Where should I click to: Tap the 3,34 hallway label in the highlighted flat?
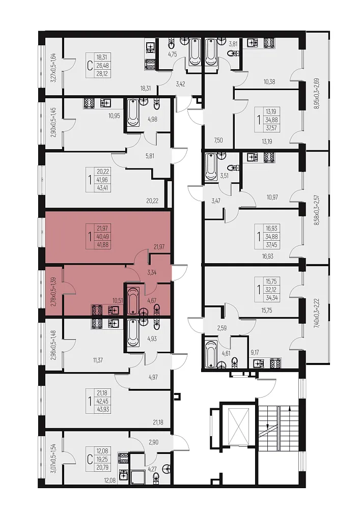(152, 272)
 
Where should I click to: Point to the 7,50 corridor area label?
(218, 140)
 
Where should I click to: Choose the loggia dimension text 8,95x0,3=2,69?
(317, 93)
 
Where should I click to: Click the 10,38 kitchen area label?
(269, 82)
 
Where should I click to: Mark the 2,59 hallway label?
(221, 328)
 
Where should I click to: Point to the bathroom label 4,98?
(152, 119)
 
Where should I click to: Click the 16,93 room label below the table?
(267, 256)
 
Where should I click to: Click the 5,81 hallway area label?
(150, 156)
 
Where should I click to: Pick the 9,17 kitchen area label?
(255, 352)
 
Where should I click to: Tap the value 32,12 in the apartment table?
(271, 290)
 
